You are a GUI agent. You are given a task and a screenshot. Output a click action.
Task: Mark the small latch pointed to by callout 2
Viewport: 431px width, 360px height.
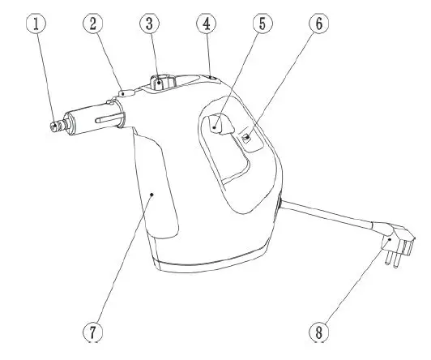(122, 94)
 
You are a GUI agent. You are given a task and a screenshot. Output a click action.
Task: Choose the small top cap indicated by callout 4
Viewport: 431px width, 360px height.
(209, 75)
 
